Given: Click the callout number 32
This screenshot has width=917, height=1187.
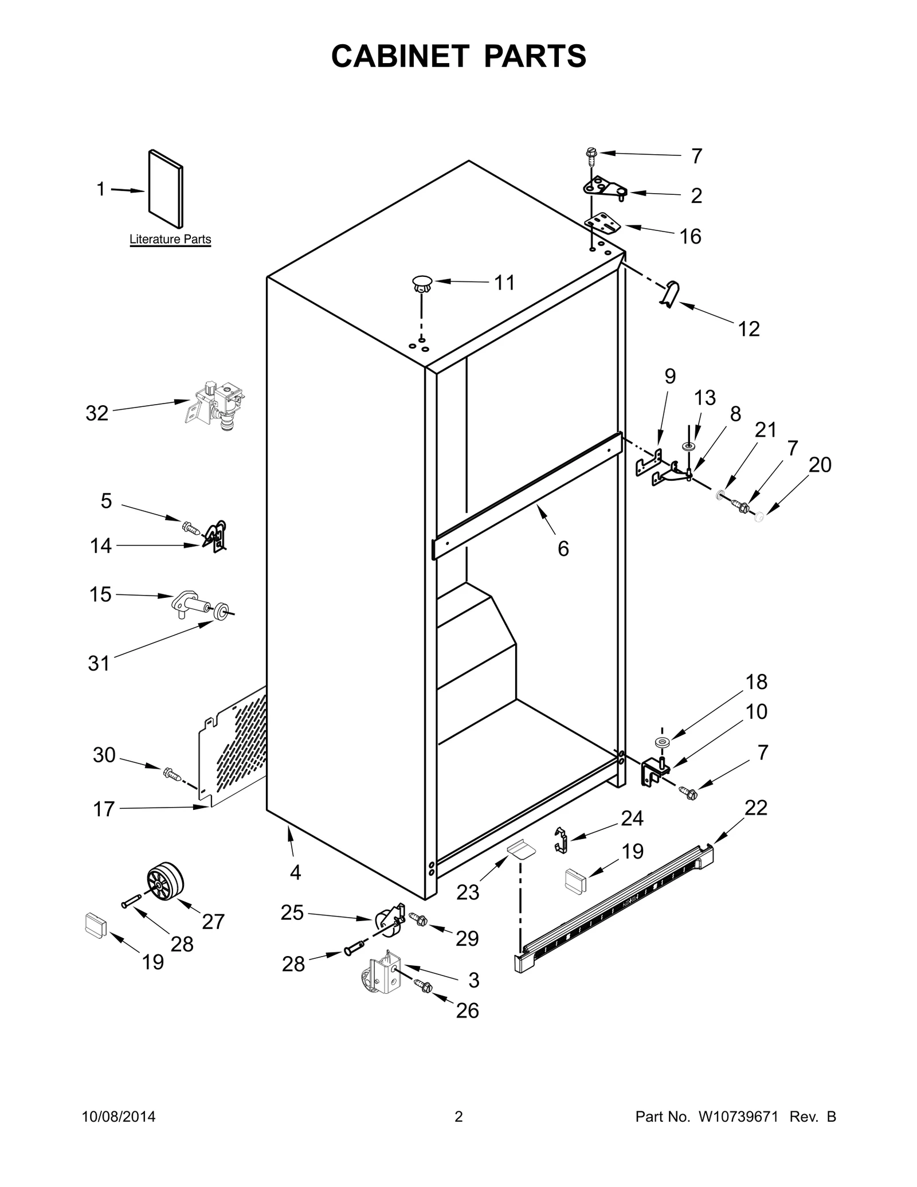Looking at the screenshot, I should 97,413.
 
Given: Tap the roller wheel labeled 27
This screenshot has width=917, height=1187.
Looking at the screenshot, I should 165,883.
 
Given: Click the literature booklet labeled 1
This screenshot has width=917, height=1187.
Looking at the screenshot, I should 166,189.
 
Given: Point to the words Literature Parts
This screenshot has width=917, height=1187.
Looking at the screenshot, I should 170,240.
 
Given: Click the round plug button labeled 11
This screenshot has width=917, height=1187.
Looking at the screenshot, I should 422,283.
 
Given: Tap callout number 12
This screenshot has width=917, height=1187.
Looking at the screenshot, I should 749,329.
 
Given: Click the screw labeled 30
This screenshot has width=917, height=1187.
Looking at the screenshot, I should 172,774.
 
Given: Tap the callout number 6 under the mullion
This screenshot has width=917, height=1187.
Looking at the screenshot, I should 563,549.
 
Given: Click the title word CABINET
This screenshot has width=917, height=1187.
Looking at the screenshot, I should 399,56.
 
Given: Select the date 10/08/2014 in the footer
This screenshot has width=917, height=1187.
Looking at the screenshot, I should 119,1117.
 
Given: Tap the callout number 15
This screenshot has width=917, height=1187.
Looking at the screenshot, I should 100,594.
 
